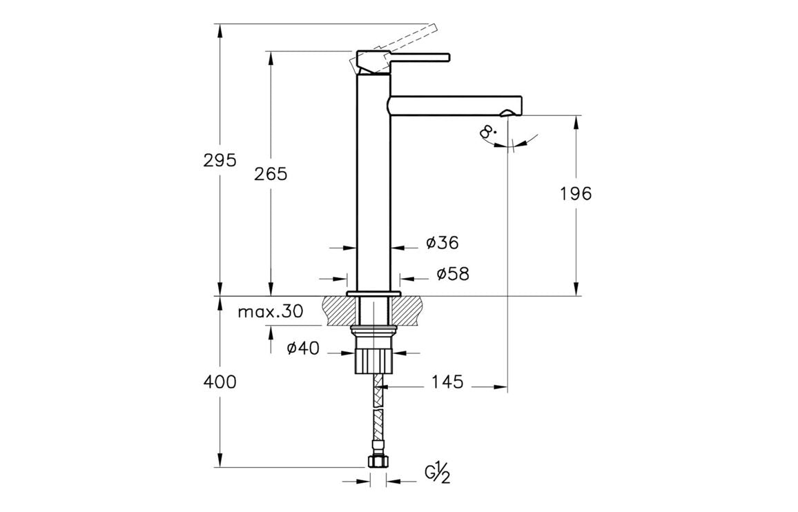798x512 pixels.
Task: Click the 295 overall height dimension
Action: click(x=220, y=160)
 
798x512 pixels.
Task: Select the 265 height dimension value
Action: click(x=270, y=174)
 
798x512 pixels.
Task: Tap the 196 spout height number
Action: click(x=575, y=194)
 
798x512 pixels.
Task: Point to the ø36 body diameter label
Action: click(x=442, y=242)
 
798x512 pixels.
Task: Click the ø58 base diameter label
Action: click(x=452, y=274)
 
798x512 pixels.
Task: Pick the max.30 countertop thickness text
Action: click(x=270, y=311)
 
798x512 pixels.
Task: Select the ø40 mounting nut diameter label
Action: click(x=303, y=348)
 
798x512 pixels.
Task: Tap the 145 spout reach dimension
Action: click(x=447, y=382)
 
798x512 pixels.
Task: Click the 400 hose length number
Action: click(x=220, y=382)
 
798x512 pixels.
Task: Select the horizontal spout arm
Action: click(x=456, y=105)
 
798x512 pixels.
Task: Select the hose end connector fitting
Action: click(x=376, y=462)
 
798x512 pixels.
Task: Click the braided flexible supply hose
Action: click(x=376, y=414)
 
